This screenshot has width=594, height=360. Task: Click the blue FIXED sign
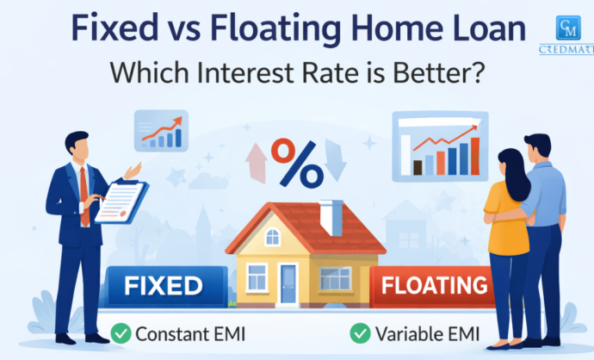click(x=167, y=285)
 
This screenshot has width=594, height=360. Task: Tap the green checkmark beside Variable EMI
click(x=358, y=332)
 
